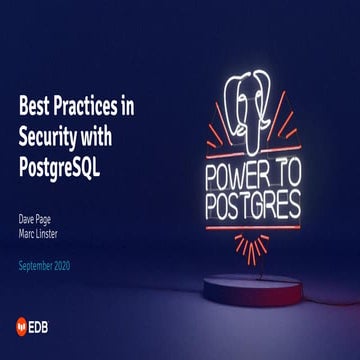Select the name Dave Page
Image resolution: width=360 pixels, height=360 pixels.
point(39,217)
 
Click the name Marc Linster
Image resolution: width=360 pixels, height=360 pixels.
point(41,231)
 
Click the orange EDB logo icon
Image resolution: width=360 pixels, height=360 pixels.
point(25,325)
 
